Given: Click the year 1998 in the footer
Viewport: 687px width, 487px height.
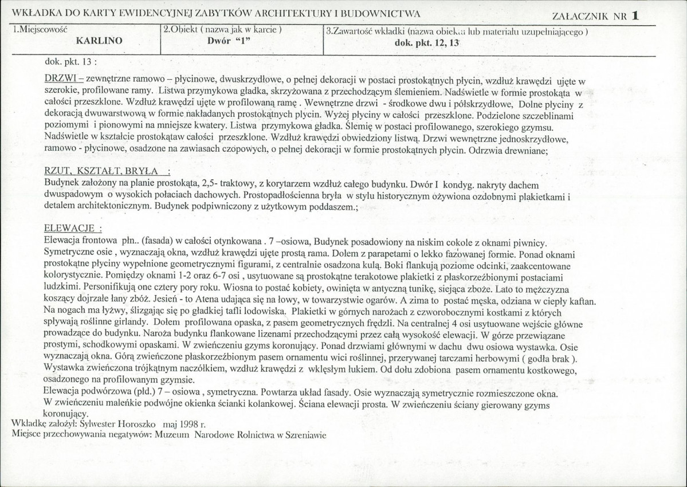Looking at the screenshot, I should (191, 424).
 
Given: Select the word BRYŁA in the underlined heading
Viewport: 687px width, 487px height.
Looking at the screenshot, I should (146, 172).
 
